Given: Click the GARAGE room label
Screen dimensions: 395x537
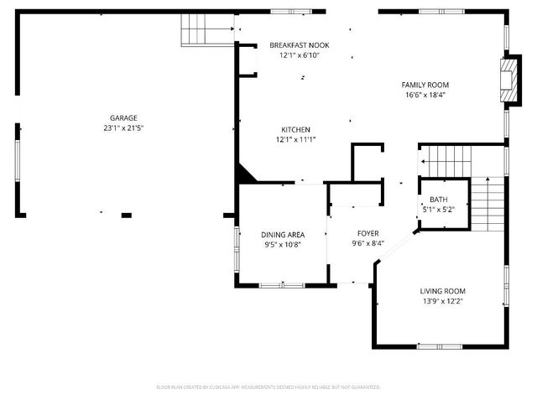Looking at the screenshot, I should [123, 118].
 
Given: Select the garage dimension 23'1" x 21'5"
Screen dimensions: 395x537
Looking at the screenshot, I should [123, 129].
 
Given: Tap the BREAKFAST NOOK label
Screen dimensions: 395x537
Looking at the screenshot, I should [300, 44].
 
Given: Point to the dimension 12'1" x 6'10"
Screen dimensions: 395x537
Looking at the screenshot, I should [300, 55].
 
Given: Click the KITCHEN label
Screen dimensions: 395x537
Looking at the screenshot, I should [295, 129].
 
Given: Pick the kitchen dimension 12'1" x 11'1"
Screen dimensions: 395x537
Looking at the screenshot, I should [295, 140].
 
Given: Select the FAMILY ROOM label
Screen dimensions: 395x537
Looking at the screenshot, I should [425, 85].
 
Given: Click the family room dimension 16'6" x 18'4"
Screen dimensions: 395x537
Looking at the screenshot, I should [425, 96].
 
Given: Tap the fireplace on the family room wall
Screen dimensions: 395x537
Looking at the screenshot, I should [507, 81].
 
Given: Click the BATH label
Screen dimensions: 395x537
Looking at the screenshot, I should [439, 199].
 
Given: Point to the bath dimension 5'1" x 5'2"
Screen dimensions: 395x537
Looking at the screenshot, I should [439, 210].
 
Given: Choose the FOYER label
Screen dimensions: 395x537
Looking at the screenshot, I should [368, 233].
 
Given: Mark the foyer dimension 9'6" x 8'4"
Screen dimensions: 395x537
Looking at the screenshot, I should [368, 244].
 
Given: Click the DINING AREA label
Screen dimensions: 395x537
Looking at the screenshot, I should [282, 235].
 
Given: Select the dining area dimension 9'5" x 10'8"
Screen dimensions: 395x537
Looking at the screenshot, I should [282, 246].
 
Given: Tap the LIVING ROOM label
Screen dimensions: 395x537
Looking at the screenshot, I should [442, 291].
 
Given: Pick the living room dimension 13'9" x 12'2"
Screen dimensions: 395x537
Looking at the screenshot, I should [442, 302].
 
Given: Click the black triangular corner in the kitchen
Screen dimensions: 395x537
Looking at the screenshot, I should [246, 174].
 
